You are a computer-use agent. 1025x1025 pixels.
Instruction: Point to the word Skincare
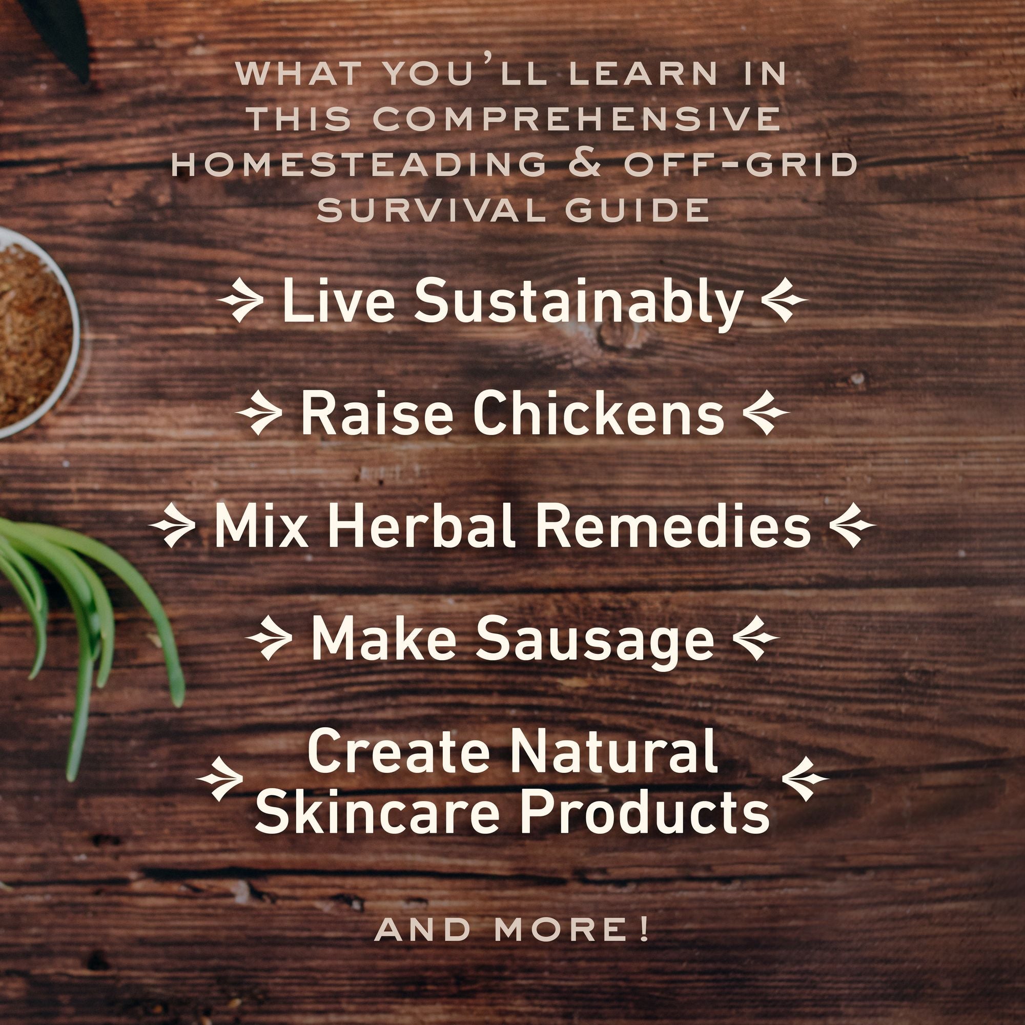pos(377,811)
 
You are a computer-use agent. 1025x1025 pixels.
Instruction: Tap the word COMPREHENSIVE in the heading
pos(577,119)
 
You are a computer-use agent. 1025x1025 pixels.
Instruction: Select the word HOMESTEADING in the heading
pos(359,164)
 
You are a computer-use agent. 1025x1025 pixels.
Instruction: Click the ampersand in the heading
pos(585,164)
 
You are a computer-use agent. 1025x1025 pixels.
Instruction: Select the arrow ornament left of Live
pos(240,301)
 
